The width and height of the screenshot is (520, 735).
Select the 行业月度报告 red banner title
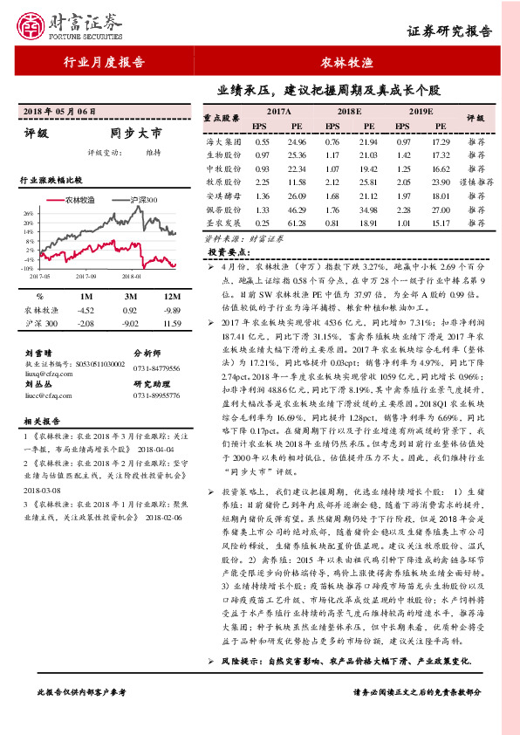[x=105, y=63]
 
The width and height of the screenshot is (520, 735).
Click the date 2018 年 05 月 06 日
[x=58, y=113]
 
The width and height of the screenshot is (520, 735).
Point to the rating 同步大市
[x=136, y=134]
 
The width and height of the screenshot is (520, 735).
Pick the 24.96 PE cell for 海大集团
[x=297, y=141]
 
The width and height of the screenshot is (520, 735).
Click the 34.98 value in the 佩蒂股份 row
[x=367, y=210]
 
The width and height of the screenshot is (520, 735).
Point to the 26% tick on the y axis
[x=28, y=213]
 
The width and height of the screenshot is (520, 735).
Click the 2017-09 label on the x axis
[x=86, y=276]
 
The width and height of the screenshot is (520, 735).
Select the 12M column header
[x=171, y=296]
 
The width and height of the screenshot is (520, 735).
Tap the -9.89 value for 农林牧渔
[x=171, y=310]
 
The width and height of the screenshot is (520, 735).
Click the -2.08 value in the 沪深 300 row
[x=85, y=324]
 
